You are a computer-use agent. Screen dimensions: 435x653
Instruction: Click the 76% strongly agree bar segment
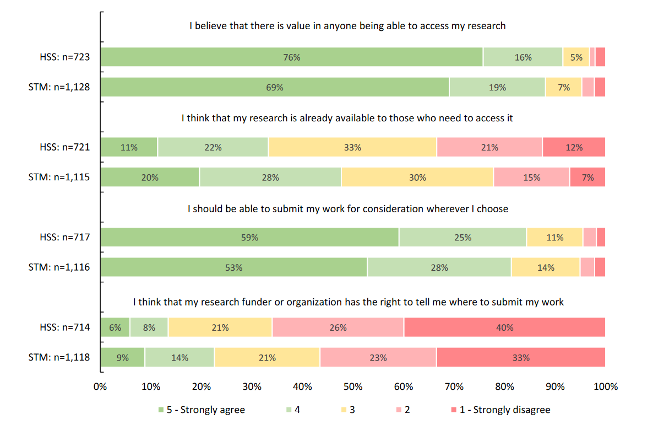point(291,57)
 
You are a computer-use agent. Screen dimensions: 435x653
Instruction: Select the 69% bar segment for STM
point(275,87)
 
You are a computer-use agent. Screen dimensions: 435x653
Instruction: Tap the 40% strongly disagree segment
point(504,327)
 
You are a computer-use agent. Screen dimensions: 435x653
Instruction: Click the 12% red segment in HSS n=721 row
point(574,147)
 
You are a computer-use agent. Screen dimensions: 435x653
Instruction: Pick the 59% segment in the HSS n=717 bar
point(249,237)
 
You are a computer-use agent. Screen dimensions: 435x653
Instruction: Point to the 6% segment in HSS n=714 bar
point(115,327)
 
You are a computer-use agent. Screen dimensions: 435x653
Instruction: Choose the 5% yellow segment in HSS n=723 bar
point(576,57)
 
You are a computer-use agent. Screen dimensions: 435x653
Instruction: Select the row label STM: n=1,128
point(59,87)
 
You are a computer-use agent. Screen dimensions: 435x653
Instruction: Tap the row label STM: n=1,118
point(59,357)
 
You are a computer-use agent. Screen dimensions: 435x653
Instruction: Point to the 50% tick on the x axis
point(353,387)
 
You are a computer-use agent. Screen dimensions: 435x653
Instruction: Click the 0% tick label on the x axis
point(100,387)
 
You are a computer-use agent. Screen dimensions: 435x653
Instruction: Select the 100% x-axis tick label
point(606,387)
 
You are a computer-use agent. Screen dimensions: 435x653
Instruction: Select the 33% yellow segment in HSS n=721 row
point(352,147)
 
